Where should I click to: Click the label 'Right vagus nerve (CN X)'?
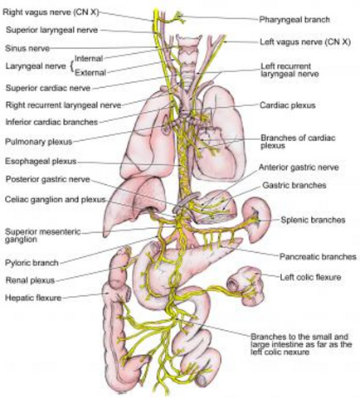[x=51, y=12]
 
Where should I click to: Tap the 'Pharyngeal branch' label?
[x=294, y=20]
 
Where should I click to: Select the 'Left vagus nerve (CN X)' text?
[x=305, y=42]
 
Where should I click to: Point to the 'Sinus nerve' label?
[x=27, y=48]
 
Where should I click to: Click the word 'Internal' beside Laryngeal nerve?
[x=89, y=59]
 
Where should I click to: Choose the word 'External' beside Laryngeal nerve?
[x=90, y=73]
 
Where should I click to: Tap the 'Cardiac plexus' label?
[x=288, y=105]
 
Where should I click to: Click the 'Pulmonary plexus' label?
[x=39, y=142]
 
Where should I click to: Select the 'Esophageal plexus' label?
[x=41, y=161]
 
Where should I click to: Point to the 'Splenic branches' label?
[x=313, y=220]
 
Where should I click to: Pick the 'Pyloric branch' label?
[x=32, y=263]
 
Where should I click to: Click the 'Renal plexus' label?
[x=30, y=280]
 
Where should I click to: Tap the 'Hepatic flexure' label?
[x=33, y=298]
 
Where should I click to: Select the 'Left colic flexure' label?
[x=310, y=277]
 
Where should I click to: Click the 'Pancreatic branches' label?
[x=318, y=257]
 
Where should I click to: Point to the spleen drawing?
[x=256, y=219]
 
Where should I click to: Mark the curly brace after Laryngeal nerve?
[x=72, y=66]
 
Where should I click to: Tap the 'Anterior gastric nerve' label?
[x=299, y=167]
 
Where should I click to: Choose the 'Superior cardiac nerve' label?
[x=48, y=88]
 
